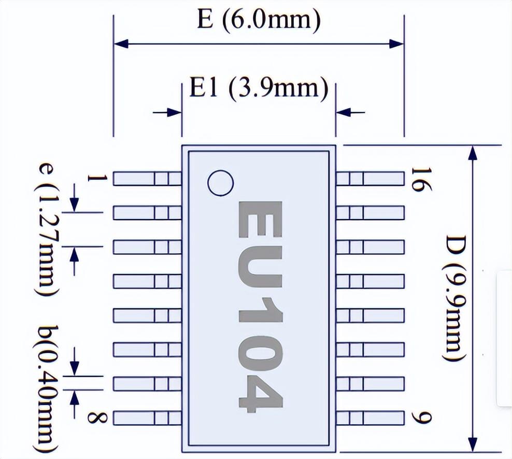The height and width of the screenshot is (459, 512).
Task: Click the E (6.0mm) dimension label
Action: pos(259,20)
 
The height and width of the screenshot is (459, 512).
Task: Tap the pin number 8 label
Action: pos(95,417)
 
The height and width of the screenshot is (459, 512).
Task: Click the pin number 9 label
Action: pos(418,417)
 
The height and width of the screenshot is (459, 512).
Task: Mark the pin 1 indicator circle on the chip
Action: pos(220,183)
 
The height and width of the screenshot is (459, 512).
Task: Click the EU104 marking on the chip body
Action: pos(260,306)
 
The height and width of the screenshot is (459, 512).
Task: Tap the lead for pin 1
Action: pos(147,179)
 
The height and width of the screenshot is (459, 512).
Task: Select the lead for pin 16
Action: pos(370,179)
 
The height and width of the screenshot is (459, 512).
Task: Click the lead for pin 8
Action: pos(147,417)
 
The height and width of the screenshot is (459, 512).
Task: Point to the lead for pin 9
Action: pos(370,417)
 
